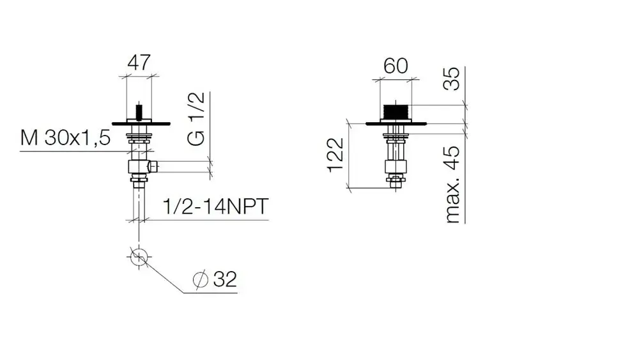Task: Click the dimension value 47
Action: [x=139, y=63]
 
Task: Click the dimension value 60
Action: [x=396, y=66]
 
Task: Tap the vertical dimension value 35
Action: [x=452, y=79]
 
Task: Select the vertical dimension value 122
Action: [x=336, y=155]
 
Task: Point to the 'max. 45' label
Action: [x=452, y=184]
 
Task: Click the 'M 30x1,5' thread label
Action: [x=65, y=138]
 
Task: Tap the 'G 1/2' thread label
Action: [x=196, y=119]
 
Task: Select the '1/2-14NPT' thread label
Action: [x=215, y=207]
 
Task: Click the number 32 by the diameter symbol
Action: [x=225, y=279]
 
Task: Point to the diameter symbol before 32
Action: [x=201, y=279]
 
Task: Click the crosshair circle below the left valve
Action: [x=139, y=257]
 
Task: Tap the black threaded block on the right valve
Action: [x=396, y=112]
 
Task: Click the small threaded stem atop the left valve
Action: [x=139, y=112]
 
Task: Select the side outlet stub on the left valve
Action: [x=153, y=166]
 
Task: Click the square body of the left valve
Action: [x=139, y=167]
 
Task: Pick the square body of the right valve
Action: [x=396, y=167]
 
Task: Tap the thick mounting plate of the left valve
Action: [x=141, y=123]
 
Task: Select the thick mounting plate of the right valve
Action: [x=396, y=123]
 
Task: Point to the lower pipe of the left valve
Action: [x=139, y=203]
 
